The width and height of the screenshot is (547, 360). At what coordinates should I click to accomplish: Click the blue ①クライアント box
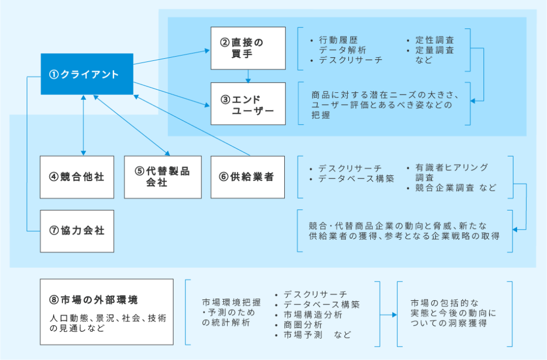[87, 74]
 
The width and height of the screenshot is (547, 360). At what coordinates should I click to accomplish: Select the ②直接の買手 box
[248, 48]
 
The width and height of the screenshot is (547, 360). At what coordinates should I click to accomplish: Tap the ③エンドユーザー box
[248, 104]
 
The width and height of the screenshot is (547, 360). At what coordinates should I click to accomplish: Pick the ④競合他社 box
[77, 177]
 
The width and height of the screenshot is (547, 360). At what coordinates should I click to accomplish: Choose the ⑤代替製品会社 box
[163, 177]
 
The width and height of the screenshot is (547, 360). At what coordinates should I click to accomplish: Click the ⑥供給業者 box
[248, 177]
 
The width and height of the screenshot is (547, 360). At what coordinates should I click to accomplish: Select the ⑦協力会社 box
[77, 231]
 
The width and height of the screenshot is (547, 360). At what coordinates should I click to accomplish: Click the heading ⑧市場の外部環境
[94, 300]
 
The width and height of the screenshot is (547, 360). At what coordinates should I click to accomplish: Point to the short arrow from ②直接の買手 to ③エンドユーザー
[248, 76]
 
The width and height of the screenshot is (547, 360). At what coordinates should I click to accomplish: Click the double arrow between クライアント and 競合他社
[83, 125]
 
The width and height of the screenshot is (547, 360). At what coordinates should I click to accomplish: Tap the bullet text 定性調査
[435, 40]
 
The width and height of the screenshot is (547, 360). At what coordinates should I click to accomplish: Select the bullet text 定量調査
[435, 50]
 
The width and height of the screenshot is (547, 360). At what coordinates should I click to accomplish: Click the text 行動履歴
[338, 40]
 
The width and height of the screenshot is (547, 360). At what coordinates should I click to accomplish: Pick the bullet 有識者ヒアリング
[451, 167]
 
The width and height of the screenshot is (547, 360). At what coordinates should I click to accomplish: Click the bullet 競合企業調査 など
[456, 188]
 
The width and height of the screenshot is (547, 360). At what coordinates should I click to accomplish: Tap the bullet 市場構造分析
[313, 315]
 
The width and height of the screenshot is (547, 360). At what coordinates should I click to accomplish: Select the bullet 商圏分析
[303, 325]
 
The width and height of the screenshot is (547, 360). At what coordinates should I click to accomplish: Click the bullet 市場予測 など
[317, 335]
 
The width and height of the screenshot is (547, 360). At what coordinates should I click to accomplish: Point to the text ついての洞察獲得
[449, 323]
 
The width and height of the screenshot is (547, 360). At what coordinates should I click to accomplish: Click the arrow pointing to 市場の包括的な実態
[388, 315]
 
